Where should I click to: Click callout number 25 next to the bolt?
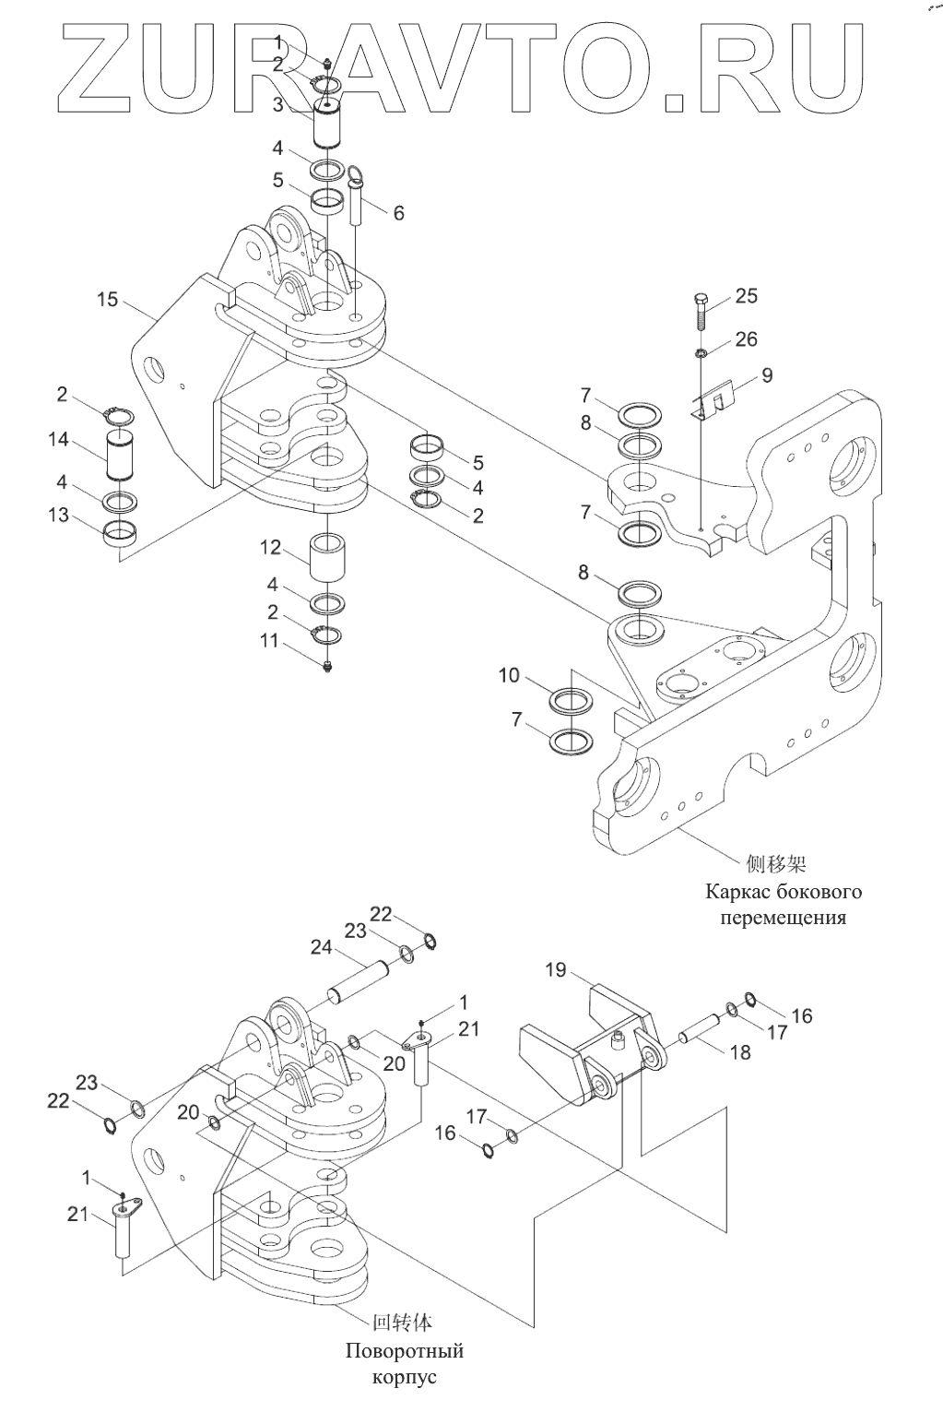click(x=747, y=296)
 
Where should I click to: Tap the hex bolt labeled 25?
click(x=702, y=312)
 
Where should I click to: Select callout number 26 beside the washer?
click(x=747, y=339)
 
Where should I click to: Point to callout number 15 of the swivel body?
click(x=107, y=299)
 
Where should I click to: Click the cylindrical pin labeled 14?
click(x=118, y=453)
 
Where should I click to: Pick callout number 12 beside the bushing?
click(x=270, y=547)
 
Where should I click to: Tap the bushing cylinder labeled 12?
click(x=327, y=558)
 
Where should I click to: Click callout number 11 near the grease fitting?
click(x=269, y=640)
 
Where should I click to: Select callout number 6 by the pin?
click(x=399, y=213)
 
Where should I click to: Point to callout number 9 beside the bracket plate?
click(x=767, y=375)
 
